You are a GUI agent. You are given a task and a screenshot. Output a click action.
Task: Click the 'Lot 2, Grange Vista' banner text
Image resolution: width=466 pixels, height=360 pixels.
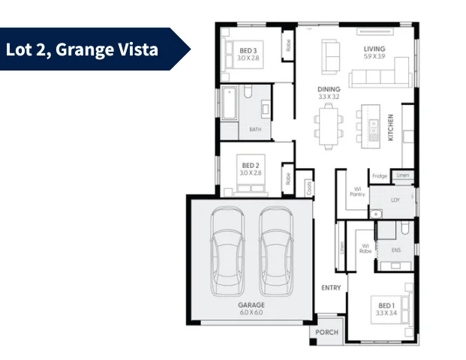click(x=82, y=50)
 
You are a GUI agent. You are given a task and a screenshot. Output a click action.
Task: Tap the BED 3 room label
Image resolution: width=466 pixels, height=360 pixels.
click(x=248, y=50)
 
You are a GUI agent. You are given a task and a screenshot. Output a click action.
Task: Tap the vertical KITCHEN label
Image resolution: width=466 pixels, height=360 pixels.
click(x=390, y=127)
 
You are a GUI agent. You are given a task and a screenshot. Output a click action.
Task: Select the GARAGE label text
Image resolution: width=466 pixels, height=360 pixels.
click(x=250, y=306)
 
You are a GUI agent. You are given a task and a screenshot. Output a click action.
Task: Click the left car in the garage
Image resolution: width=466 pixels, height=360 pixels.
click(x=227, y=250)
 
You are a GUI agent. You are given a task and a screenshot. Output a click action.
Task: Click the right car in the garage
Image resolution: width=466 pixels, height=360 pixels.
click(x=274, y=250)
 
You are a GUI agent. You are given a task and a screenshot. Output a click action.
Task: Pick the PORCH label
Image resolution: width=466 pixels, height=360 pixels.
click(x=326, y=332)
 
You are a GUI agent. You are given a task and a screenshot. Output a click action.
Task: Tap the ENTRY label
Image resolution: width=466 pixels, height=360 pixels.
click(x=331, y=288)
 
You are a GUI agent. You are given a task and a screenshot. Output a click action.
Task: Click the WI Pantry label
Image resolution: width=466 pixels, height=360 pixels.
click(x=357, y=191)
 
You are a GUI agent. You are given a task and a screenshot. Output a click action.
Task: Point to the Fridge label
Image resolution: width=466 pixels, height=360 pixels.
click(x=380, y=176)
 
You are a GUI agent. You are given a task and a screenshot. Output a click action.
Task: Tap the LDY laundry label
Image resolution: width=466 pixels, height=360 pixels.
click(x=395, y=200)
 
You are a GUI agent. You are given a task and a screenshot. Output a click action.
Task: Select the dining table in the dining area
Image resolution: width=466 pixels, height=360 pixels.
click(x=328, y=126)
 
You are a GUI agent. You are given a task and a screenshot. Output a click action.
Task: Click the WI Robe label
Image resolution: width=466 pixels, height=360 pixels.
click(x=365, y=249)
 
